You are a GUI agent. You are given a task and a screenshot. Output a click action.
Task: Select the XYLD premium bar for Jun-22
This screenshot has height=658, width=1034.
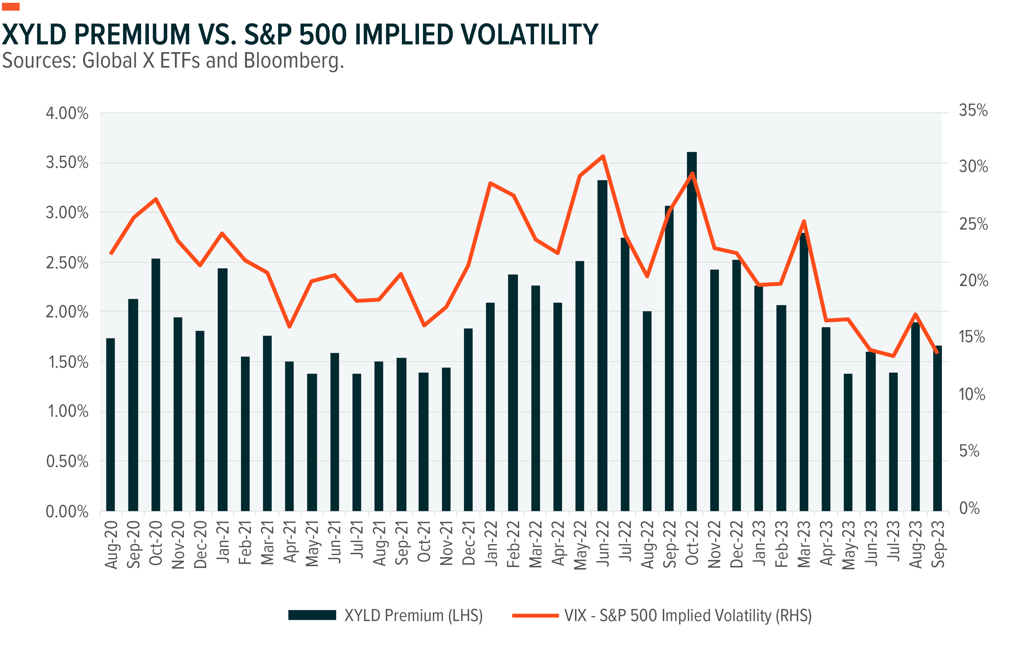(x=603, y=345)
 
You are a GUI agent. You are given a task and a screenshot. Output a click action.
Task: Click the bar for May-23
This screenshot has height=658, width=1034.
(x=848, y=442)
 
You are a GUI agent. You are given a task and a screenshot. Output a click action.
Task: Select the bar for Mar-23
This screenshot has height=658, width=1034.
(x=803, y=372)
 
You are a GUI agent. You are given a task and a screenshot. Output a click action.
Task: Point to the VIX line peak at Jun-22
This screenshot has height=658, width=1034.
(x=603, y=156)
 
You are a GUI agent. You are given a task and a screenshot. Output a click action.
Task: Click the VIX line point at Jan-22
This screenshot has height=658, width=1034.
(x=490, y=183)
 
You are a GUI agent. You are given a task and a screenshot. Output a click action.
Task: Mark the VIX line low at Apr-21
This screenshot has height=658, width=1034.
(x=289, y=326)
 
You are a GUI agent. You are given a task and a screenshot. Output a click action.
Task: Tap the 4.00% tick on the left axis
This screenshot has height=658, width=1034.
(x=67, y=113)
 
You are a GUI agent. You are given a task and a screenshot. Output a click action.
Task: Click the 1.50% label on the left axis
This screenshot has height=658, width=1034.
(x=68, y=362)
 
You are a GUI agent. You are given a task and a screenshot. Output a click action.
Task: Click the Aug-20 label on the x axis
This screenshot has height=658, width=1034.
(x=111, y=545)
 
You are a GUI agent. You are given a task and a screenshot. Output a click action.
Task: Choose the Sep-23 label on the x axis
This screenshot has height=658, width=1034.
(x=938, y=544)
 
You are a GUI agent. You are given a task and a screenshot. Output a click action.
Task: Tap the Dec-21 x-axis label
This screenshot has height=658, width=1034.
(x=469, y=543)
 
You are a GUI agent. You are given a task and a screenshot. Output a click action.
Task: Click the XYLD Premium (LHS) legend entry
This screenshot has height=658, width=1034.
(x=386, y=615)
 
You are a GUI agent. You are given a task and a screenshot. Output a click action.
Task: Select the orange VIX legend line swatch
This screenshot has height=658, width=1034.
(x=536, y=615)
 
